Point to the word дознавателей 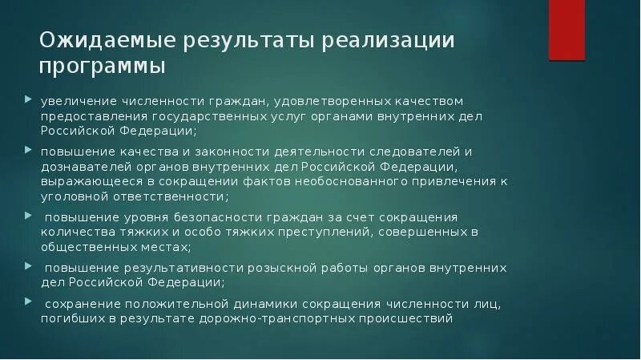click(83, 166)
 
